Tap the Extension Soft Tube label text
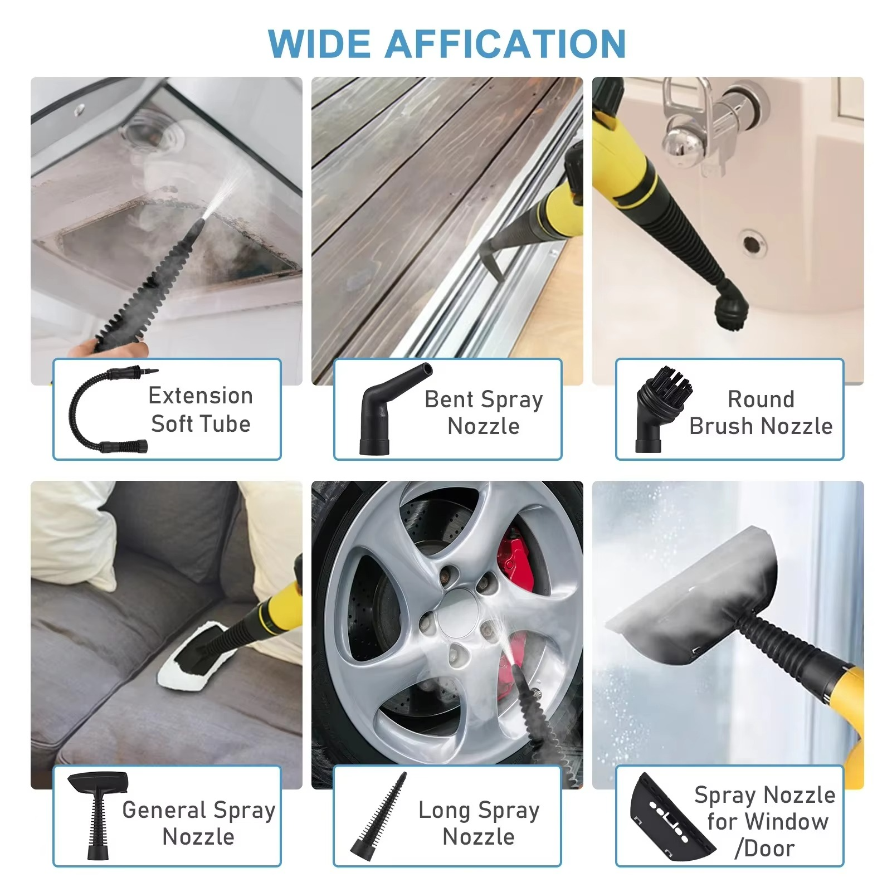[x=201, y=410]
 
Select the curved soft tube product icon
[x=106, y=410]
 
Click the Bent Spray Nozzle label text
[x=483, y=412]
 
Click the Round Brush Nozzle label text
[x=761, y=412]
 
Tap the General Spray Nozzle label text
[x=199, y=823]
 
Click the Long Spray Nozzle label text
[x=479, y=823]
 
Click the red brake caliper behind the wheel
[x=515, y=563]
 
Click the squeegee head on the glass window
[x=696, y=602]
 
